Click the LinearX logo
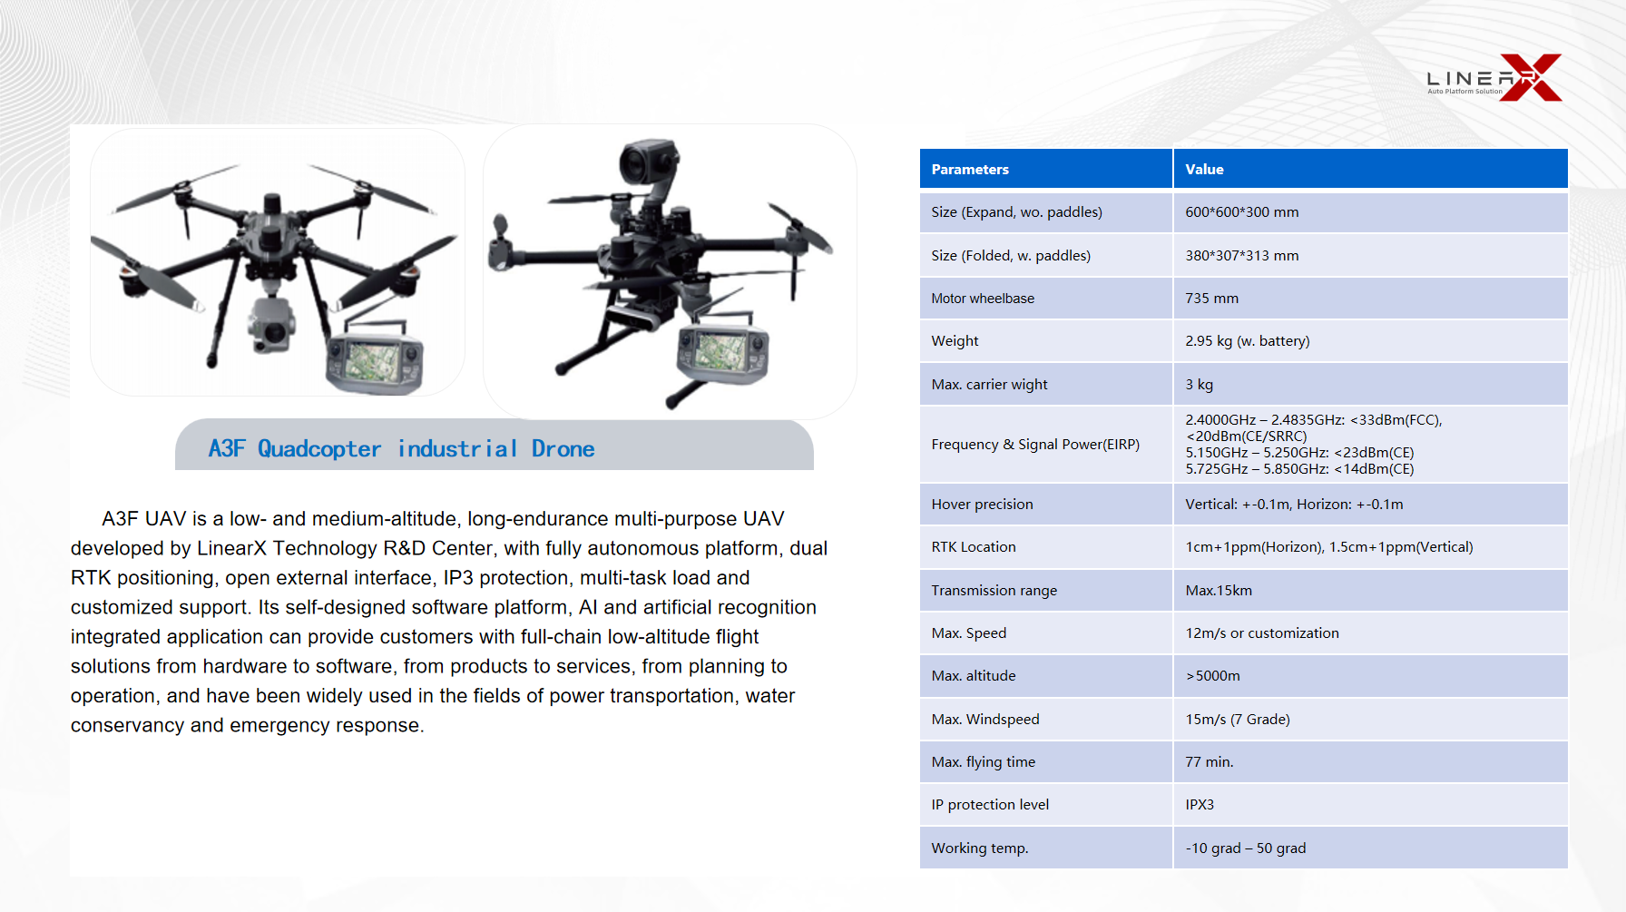[x=1494, y=77]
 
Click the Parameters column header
[x=970, y=170]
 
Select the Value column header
[x=1204, y=170]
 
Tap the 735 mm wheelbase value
[x=1211, y=299]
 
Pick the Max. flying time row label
[x=983, y=762]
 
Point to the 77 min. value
[x=1209, y=762]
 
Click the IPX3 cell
[x=1199, y=805]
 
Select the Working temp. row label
[x=979, y=848]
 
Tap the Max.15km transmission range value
[x=1218, y=591]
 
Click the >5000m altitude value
[x=1212, y=676]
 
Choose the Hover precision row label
[x=982, y=505]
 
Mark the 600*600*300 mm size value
[x=1241, y=212]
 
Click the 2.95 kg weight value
[x=1247, y=341]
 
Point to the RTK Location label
[x=973, y=547]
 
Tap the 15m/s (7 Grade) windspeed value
[x=1237, y=720]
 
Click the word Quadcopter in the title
[x=319, y=449]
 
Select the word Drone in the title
[x=563, y=449]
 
